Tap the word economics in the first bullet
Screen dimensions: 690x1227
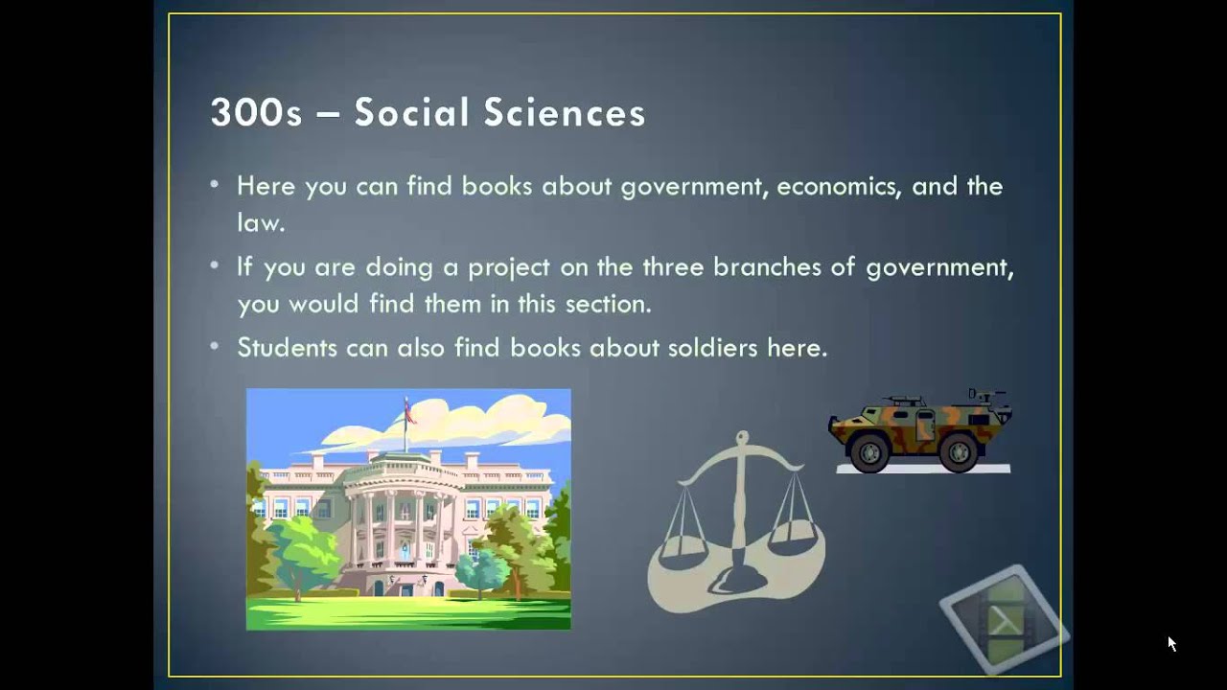[x=838, y=186]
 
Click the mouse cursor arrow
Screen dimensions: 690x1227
[x=1171, y=643]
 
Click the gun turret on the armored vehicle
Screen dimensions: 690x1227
[x=901, y=400]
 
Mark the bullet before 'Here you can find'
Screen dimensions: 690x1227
[x=215, y=184]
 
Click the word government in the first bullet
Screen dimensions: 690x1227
[x=694, y=186]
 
